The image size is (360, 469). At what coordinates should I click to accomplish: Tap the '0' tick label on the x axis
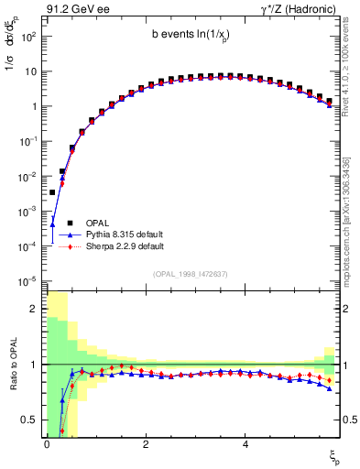(47, 443)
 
